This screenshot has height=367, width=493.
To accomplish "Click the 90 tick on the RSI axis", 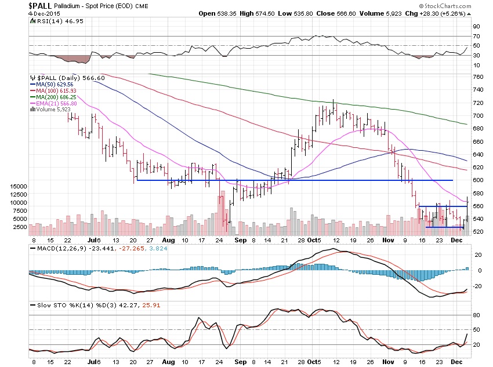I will pyautogui.click(x=476, y=26).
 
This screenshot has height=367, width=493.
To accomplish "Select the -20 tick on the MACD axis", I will pyautogui.click(x=477, y=285).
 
